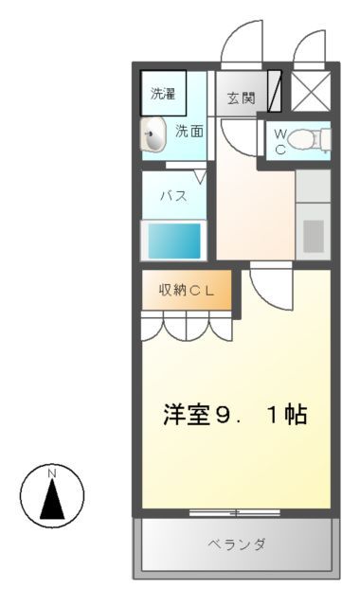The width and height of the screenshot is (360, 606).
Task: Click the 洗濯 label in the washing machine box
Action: [x=163, y=94]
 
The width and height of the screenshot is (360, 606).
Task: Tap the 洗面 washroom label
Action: [x=189, y=133]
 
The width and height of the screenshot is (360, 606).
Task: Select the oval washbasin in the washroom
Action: [x=154, y=135]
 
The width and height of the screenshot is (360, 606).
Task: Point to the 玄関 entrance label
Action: [x=241, y=97]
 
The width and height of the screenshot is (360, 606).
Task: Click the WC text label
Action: [x=280, y=142]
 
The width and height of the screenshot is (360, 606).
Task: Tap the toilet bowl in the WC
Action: [x=308, y=141]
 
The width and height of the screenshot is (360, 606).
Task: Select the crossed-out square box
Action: [x=310, y=93]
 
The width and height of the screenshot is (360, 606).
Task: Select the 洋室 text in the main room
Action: [x=188, y=415]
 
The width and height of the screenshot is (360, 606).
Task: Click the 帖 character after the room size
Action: [x=296, y=415]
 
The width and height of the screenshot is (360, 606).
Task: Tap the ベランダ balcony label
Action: [x=236, y=544]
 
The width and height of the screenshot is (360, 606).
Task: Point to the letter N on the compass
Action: [x=53, y=473]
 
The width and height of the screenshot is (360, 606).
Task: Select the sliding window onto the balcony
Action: [x=236, y=512]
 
